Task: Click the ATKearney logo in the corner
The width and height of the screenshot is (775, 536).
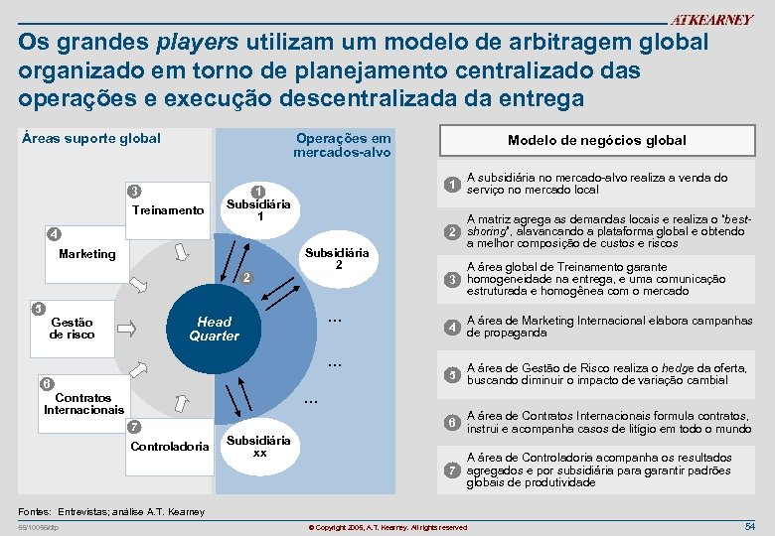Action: point(712,20)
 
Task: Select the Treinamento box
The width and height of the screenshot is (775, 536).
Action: point(167,209)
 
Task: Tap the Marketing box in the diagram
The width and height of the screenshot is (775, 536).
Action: point(87,254)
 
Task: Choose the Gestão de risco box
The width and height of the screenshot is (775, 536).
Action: point(72,329)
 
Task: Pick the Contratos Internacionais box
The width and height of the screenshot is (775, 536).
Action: point(84,403)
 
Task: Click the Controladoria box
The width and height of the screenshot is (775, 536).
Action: point(170,446)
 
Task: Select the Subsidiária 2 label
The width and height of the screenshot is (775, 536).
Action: point(339,258)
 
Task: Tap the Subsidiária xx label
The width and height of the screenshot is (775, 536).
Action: point(259,446)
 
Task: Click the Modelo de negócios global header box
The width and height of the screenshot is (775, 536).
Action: point(596,140)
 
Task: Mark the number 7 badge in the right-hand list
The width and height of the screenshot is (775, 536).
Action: point(451,469)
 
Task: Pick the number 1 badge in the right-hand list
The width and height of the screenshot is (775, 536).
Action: point(451,185)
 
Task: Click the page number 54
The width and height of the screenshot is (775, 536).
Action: point(750,524)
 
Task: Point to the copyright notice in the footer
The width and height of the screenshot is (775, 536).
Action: point(387,526)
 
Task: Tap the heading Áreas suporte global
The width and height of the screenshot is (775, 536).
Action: point(90,138)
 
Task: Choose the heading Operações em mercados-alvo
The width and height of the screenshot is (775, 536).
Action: point(342,145)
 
